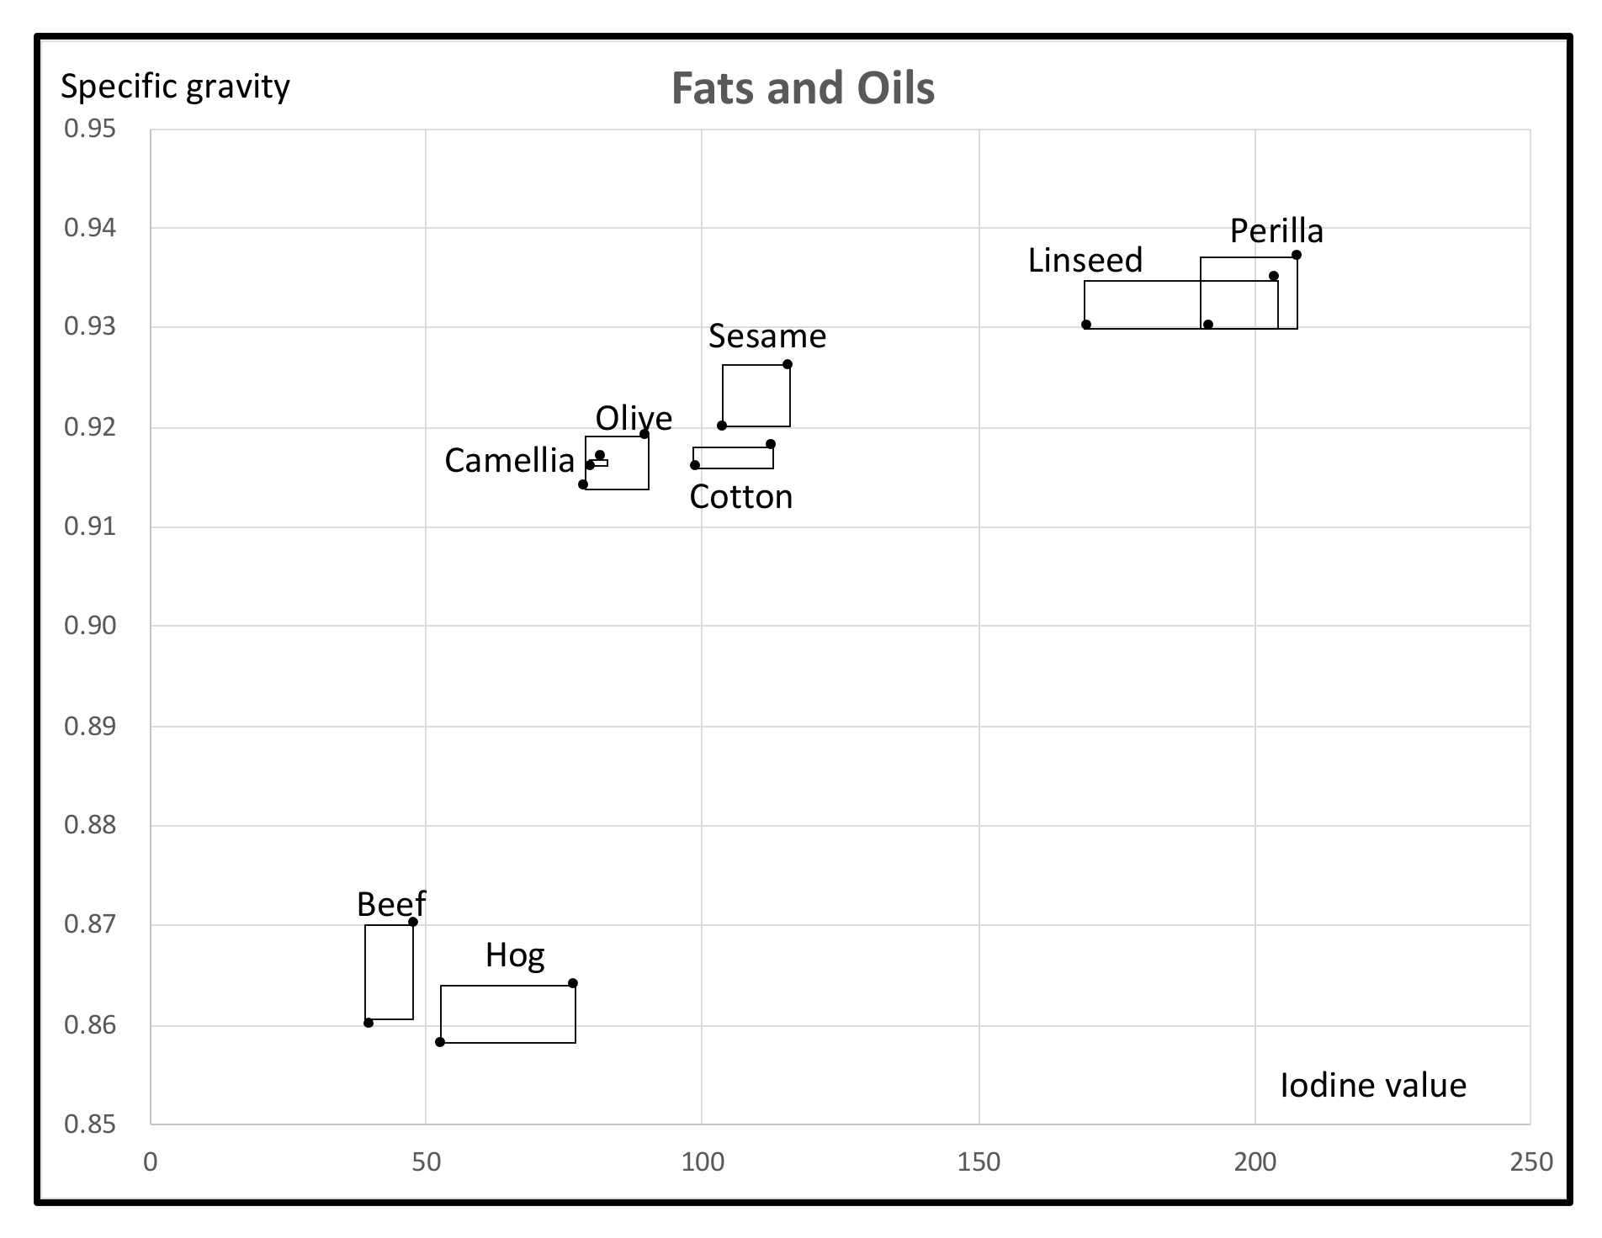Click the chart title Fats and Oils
[803, 88]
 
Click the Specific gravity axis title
[175, 87]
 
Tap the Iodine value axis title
[1373, 1085]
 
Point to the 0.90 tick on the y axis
[90, 626]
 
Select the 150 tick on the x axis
[979, 1162]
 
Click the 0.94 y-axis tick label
[90, 228]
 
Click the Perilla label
[1276, 230]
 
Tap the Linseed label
[1085, 261]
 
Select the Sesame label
[767, 336]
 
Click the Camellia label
[509, 461]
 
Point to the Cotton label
[740, 497]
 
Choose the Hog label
[515, 955]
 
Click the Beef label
[391, 905]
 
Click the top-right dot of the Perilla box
[1297, 255]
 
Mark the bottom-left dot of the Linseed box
[1086, 325]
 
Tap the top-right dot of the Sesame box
[788, 364]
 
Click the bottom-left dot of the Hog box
[440, 1042]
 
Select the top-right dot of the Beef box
[413, 922]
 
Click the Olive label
[634, 419]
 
